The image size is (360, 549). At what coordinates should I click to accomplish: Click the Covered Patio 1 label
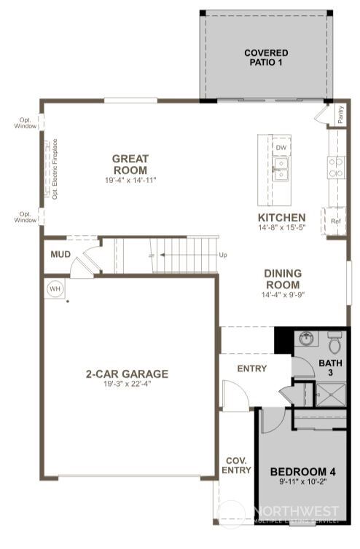265,58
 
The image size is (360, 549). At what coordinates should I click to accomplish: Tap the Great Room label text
130,164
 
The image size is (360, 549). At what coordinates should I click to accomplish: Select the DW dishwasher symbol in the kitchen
281,148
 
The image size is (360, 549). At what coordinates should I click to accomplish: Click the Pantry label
340,114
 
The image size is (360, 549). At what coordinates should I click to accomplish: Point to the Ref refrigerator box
336,221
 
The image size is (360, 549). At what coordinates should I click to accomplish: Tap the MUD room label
60,255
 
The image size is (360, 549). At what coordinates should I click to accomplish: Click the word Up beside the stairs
223,256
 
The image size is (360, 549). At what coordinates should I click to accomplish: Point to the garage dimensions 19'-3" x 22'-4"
127,384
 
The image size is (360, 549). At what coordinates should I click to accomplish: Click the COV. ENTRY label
236,465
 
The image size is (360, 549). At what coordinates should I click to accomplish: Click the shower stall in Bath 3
331,395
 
